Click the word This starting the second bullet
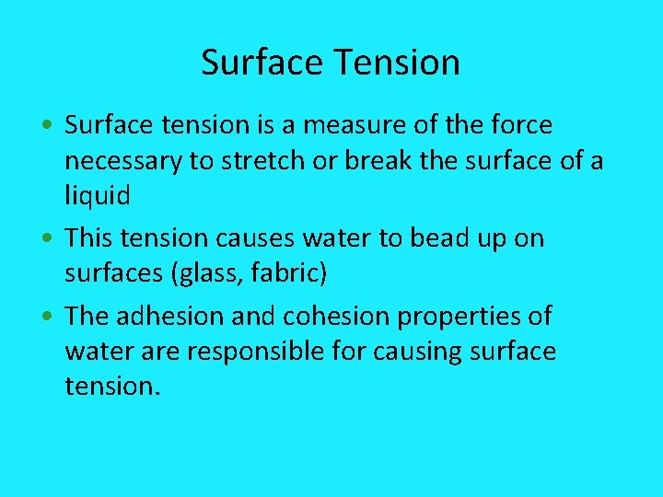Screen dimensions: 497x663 tap(88, 239)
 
